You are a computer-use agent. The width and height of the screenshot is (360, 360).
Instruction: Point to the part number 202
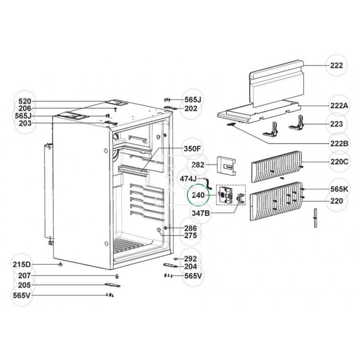191,108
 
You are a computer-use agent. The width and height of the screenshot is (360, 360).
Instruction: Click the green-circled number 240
198,196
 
